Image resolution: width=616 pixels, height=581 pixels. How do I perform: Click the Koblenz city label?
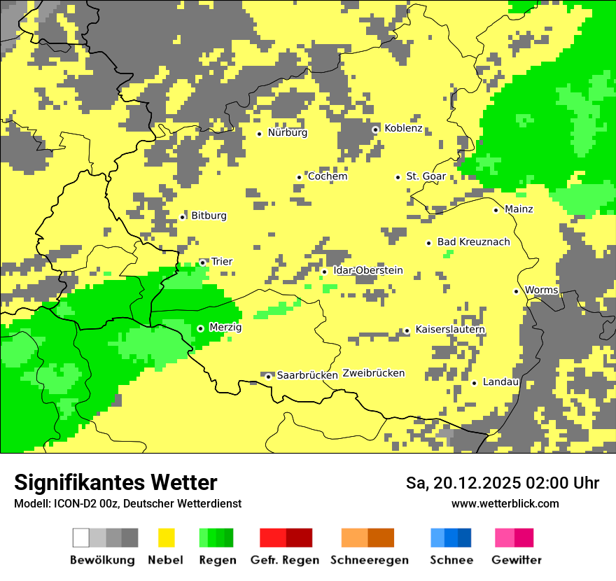click(403, 128)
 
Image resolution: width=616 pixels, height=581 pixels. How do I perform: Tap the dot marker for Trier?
click(203, 262)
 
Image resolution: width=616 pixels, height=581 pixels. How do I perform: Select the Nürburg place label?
click(287, 132)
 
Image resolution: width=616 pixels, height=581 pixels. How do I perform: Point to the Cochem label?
click(327, 176)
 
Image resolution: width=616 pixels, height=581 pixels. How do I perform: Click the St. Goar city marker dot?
click(398, 177)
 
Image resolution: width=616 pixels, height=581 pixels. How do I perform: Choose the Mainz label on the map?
click(519, 209)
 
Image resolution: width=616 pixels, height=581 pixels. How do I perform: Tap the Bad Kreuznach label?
click(473, 242)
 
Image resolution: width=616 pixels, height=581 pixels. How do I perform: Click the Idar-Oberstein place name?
click(368, 270)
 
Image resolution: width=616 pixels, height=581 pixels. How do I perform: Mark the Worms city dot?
click(516, 291)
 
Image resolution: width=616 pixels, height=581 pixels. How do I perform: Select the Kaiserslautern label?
click(449, 330)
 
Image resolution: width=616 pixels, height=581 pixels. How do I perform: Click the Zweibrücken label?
click(373, 373)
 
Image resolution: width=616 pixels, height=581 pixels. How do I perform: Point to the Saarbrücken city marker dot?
click(268, 376)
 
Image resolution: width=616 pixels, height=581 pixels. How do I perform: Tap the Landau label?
click(500, 382)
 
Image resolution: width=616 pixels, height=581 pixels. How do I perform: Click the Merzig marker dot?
click(200, 328)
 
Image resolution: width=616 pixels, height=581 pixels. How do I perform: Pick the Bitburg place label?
click(209, 216)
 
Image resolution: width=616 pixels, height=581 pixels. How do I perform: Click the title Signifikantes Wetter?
click(115, 482)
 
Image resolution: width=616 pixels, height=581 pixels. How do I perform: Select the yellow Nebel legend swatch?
click(166, 538)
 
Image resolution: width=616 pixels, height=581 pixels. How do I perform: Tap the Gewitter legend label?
click(516, 560)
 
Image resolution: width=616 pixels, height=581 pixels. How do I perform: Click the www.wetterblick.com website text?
click(505, 503)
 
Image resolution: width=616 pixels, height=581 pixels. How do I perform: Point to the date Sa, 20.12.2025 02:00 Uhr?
click(502, 483)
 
